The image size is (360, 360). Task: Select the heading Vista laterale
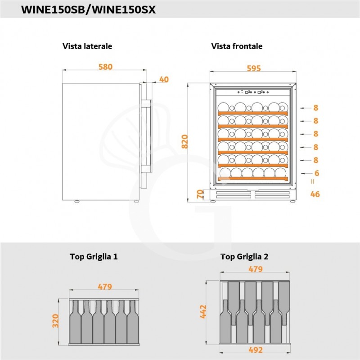pos(87,46)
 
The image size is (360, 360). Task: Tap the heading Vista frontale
pos(237,46)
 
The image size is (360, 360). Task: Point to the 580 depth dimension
pos(105,67)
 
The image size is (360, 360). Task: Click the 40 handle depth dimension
pos(164,80)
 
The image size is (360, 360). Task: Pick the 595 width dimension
pos(254,68)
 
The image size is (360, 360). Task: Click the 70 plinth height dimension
pos(199,195)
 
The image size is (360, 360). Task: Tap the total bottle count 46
pos(315,194)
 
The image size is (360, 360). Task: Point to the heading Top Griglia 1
pos(94,257)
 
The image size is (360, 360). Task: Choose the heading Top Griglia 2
pos(244,257)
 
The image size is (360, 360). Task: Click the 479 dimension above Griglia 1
pos(105,287)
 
